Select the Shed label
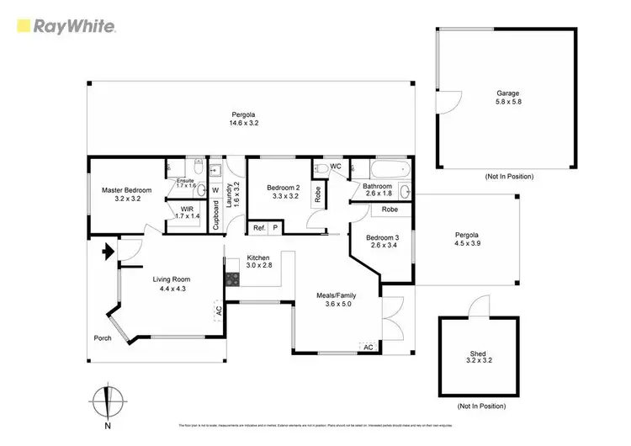477,353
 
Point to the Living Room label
171,279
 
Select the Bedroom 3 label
382,238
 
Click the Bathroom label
378,186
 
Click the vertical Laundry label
228,195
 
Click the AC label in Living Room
218,310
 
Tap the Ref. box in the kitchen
259,227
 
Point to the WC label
335,166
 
